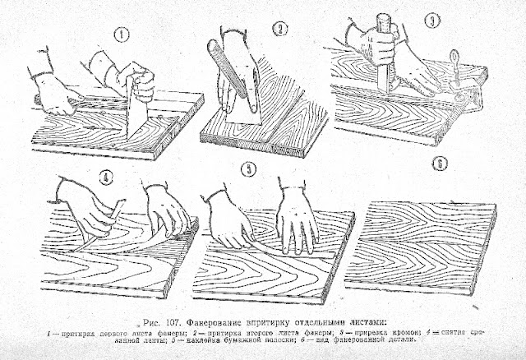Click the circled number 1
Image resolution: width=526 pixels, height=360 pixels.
(122, 35)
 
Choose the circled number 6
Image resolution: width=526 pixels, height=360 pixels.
(441, 164)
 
